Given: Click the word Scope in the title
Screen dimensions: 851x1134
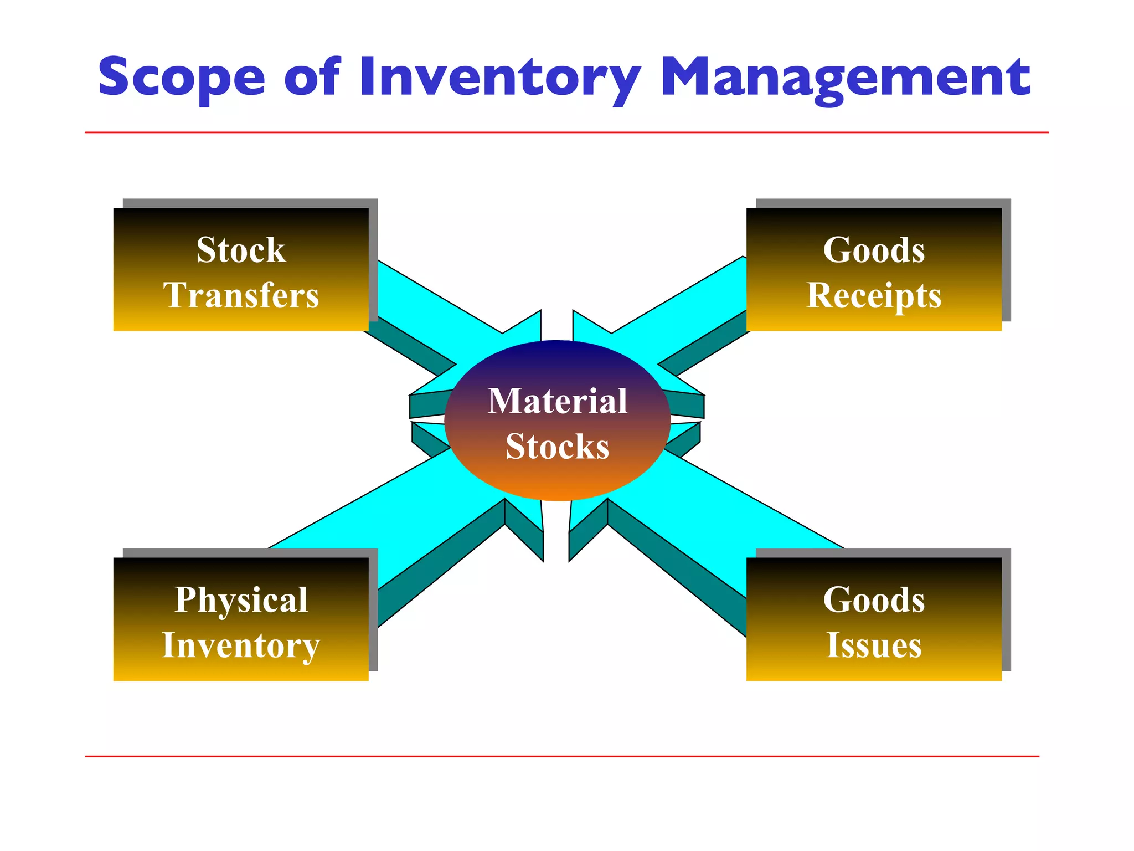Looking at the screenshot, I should pos(182,78).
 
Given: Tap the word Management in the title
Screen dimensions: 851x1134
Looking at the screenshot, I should pos(845,78).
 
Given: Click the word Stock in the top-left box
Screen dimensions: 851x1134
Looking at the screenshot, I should pos(241,250).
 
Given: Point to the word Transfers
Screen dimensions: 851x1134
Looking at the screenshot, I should pos(241,295).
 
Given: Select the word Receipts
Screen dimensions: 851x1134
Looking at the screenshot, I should pos(874,296).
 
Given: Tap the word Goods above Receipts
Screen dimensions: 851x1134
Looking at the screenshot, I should pos(874,250).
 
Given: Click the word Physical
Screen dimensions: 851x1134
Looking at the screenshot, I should pos(241,601).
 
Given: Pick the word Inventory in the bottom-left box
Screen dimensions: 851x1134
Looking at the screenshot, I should pos(241,646).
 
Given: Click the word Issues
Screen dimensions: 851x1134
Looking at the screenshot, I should pos(874,646).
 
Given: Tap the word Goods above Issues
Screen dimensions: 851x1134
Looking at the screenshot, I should pos(874,600).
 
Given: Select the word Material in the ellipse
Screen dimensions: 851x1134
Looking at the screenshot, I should pos(557,401).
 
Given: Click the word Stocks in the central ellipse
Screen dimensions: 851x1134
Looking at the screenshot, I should pos(557,447).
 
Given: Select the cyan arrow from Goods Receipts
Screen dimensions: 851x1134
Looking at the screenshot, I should pos(681,310).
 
